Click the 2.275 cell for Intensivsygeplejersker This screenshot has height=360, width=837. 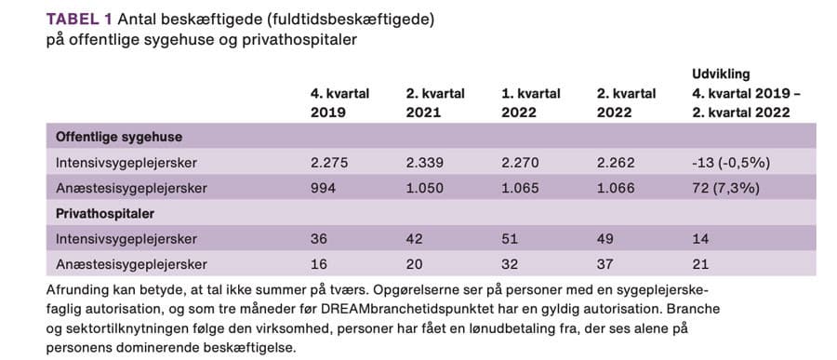click(x=329, y=162)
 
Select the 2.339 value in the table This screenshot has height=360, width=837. click(x=425, y=162)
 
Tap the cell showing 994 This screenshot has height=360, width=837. click(x=325, y=188)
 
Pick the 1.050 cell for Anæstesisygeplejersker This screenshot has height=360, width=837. click(x=424, y=188)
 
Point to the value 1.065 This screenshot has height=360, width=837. click(x=521, y=188)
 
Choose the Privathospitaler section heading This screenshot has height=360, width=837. click(x=98, y=213)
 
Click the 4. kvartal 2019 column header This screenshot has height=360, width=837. click(x=340, y=103)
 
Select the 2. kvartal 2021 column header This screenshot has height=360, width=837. click(x=435, y=103)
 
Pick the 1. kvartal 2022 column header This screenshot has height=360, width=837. click(x=531, y=103)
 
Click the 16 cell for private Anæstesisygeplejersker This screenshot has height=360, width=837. click(x=319, y=263)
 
